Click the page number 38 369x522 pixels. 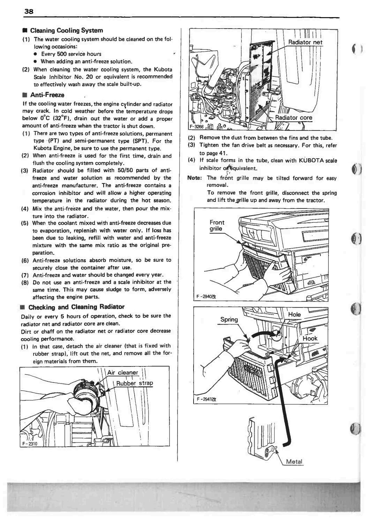(29, 11)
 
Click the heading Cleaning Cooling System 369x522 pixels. (66, 31)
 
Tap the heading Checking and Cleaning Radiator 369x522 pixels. (76, 307)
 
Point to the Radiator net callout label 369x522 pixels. (305, 43)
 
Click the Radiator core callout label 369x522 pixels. (294, 118)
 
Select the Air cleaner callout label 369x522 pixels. (123, 372)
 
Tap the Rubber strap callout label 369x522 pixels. (134, 384)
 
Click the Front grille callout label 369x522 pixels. (217, 226)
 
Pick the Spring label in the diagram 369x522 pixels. (229, 319)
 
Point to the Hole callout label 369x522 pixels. (294, 315)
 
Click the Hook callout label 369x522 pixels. (310, 338)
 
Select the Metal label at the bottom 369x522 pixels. (294, 462)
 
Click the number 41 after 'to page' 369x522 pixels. (222, 153)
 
